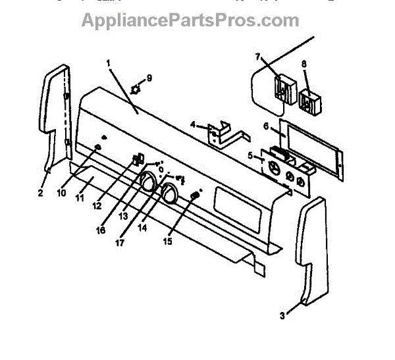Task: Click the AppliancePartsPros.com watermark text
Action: coord(190,20)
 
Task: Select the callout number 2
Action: coord(40,193)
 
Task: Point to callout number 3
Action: coord(282,316)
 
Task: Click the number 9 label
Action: coord(149,78)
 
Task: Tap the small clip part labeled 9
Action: coord(136,87)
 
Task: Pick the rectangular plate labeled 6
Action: coord(309,148)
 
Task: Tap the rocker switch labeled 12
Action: coord(137,159)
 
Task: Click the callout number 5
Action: coord(250,156)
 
